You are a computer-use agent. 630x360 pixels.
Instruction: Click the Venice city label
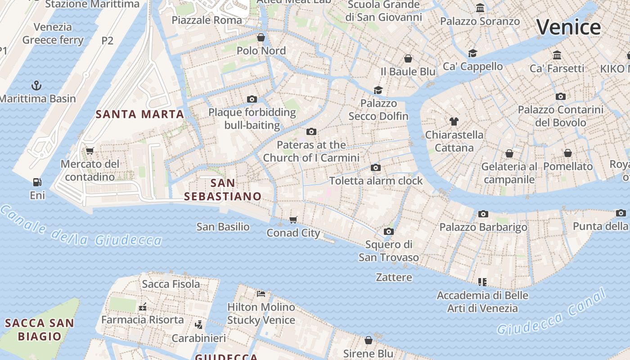pyautogui.click(x=568, y=27)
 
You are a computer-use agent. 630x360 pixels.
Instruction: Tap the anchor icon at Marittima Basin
pyautogui.click(x=36, y=85)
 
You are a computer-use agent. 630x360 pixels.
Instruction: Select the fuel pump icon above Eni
pyautogui.click(x=37, y=182)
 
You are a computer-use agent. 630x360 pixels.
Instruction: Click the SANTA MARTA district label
pyautogui.click(x=140, y=114)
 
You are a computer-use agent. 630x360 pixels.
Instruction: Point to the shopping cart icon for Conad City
pyautogui.click(x=293, y=220)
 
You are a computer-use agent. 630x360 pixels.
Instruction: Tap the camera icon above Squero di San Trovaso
pyautogui.click(x=389, y=231)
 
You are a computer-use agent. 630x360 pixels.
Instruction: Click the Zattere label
pyautogui.click(x=394, y=277)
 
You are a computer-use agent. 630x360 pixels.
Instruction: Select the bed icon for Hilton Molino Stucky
pyautogui.click(x=261, y=294)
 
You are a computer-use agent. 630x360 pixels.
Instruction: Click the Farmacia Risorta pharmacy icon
pyautogui.click(x=143, y=307)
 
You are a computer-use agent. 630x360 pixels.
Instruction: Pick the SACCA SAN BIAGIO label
pyautogui.click(x=40, y=329)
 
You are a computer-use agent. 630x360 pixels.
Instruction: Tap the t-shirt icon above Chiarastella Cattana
pyautogui.click(x=454, y=121)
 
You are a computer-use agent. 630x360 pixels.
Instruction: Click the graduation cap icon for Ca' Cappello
pyautogui.click(x=472, y=53)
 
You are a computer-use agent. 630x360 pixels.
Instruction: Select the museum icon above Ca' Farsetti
pyautogui.click(x=557, y=55)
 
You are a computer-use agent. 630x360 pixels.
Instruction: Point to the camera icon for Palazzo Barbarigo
pyautogui.click(x=483, y=214)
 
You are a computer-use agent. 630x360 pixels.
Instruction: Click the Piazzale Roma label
pyautogui.click(x=207, y=20)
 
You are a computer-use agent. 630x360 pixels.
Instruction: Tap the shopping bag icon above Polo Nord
pyautogui.click(x=261, y=37)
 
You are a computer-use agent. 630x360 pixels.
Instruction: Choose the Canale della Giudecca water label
pyautogui.click(x=81, y=227)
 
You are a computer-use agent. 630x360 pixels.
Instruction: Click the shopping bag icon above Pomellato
pyautogui.click(x=568, y=153)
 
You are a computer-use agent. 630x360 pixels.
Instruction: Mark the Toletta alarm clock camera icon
pyautogui.click(x=376, y=168)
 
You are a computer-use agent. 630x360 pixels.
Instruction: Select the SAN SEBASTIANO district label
pyautogui.click(x=223, y=189)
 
